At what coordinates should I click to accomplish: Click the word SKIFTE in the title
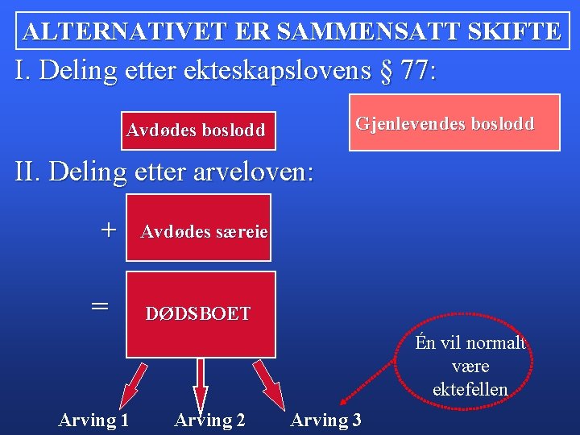click(513, 31)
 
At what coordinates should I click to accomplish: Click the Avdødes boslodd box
click(196, 130)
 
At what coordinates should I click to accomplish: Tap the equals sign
click(99, 305)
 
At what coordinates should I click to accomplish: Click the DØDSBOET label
click(198, 314)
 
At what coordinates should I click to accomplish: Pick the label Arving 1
click(93, 420)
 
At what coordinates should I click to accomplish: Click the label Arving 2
click(209, 420)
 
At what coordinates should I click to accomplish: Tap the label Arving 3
click(325, 420)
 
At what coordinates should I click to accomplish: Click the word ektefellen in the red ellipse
click(470, 390)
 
